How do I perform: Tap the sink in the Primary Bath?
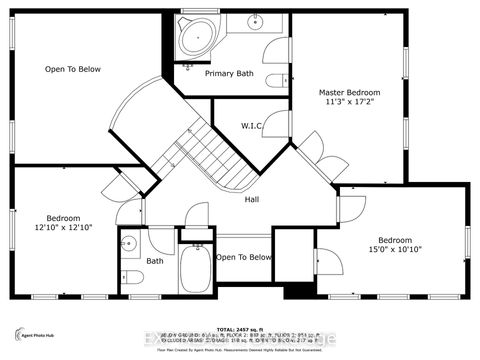tap(256, 21)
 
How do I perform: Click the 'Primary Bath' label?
tap(228, 74)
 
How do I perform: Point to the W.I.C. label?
tap(253, 126)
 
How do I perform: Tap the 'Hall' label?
tap(254, 199)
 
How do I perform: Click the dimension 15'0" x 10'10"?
tap(395, 250)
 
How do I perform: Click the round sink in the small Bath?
tap(128, 242)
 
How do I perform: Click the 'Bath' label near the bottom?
tap(154, 261)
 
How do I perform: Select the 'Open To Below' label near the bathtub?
tap(244, 257)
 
